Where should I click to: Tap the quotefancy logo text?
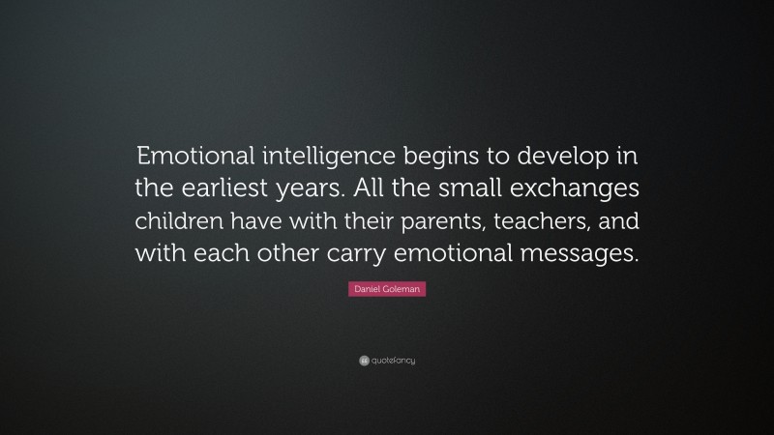coord(395,362)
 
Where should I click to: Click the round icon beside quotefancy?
coord(365,362)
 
